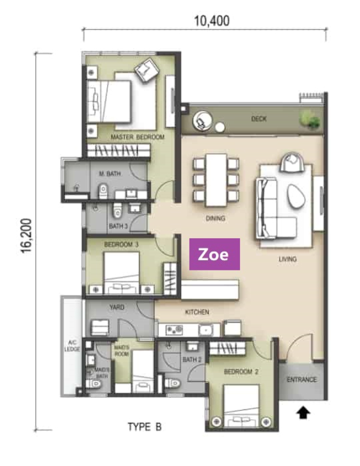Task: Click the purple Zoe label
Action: tap(215, 254)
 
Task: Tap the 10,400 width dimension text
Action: tap(212, 21)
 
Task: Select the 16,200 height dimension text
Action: tap(26, 236)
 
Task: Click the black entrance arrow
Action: tap(303, 413)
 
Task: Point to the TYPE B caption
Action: tap(145, 427)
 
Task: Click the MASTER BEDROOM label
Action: tap(137, 137)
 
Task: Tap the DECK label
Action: tap(259, 119)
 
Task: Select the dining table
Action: tap(216, 180)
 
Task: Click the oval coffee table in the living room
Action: tap(296, 196)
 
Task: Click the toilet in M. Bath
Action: tap(103, 191)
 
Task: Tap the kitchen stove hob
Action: tap(174, 330)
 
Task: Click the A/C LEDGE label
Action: tap(72, 346)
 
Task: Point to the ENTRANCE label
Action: tap(301, 380)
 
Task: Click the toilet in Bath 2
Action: tap(173, 383)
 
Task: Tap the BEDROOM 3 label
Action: tap(121, 245)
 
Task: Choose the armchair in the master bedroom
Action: tap(147, 70)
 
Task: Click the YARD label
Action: tap(117, 307)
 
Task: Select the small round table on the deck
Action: tap(220, 127)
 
